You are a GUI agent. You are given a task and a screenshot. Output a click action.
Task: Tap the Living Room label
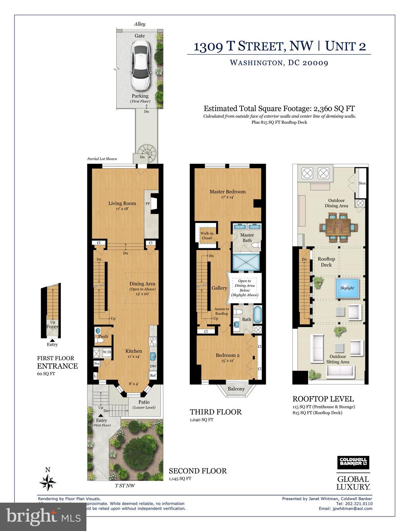point(122,203)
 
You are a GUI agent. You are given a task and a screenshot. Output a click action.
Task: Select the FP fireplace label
point(147,204)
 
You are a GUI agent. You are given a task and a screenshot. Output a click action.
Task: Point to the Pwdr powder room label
point(103,336)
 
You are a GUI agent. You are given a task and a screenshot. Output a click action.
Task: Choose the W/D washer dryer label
point(107,352)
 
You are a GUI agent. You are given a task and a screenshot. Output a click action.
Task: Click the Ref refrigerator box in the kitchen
point(153,375)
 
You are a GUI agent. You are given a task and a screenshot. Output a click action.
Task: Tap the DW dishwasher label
point(153,366)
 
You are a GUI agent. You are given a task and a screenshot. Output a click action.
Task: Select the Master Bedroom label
point(227,192)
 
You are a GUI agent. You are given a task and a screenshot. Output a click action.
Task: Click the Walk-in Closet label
point(207,235)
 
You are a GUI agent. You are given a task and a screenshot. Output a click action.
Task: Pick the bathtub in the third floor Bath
point(258,314)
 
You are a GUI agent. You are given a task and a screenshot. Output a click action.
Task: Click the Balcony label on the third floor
point(236,389)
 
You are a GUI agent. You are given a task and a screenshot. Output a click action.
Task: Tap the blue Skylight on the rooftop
point(347,288)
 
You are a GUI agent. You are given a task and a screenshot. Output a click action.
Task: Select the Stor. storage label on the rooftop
point(362,183)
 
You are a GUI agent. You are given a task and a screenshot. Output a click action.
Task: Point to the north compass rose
point(48,481)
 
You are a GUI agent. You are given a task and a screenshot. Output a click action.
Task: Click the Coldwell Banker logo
point(353,462)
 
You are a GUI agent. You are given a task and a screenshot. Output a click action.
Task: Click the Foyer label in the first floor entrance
point(53,326)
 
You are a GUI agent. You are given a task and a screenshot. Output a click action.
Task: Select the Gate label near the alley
point(140,36)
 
